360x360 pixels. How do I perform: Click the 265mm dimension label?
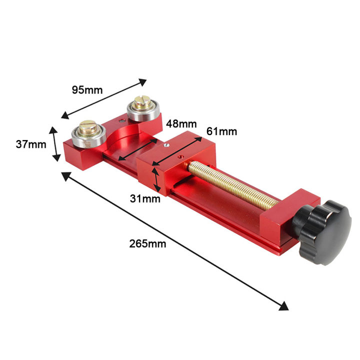coord(147,243)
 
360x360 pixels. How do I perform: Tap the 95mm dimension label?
coord(86,90)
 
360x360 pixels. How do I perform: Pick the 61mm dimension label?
coord(221,131)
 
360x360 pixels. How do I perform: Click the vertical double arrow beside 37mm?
coord(54,144)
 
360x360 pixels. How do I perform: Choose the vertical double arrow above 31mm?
coord(158,180)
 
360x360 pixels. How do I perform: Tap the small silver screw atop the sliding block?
coord(166,145)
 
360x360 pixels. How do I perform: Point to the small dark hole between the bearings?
coord(121,120)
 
